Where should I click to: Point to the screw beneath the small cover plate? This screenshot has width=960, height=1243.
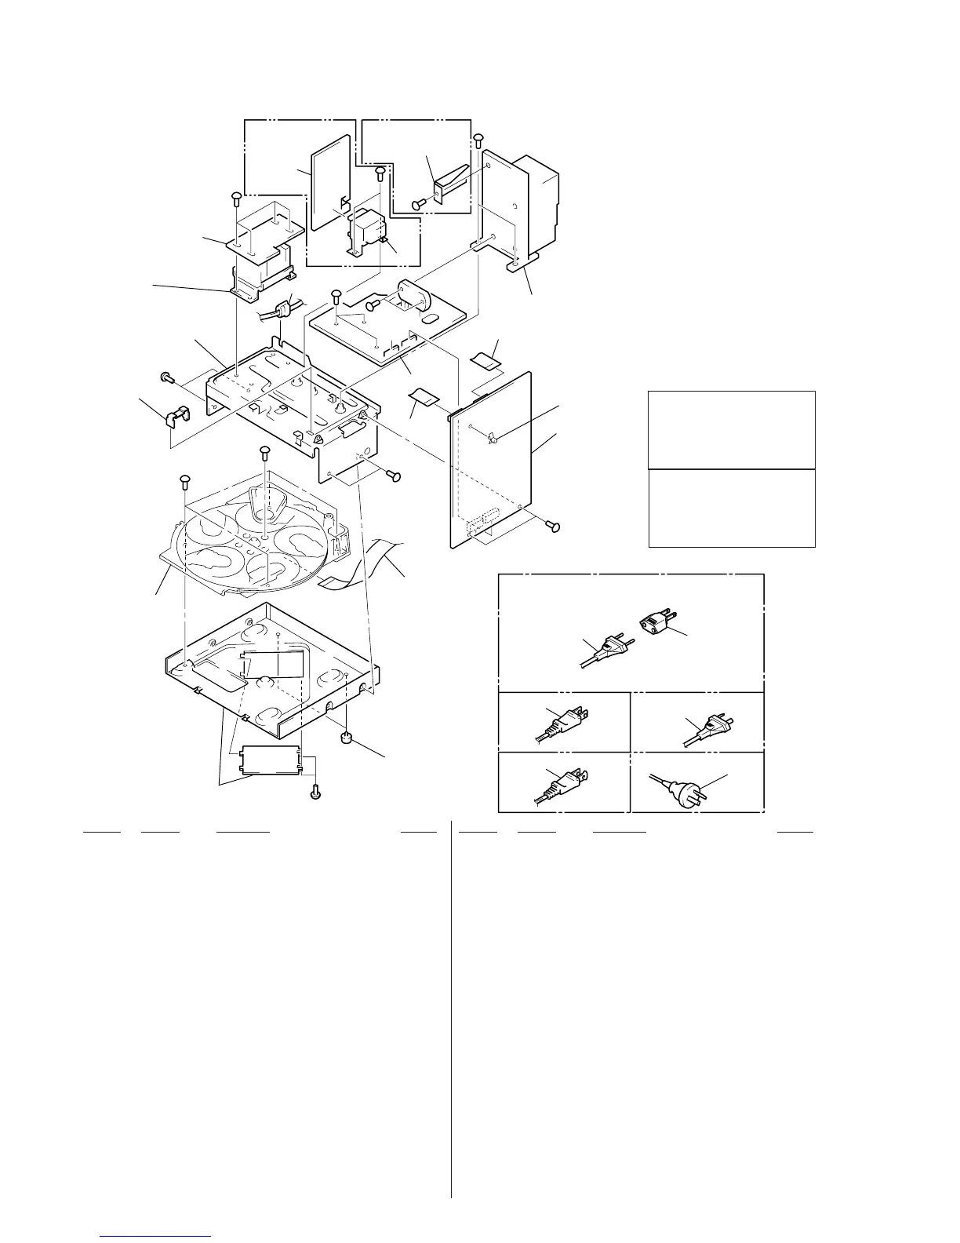pos(315,793)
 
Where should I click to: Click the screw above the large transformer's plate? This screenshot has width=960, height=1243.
pos(478,140)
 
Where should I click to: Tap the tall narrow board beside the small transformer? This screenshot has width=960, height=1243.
pos(329,182)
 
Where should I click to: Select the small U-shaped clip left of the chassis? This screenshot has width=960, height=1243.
pos(176,417)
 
